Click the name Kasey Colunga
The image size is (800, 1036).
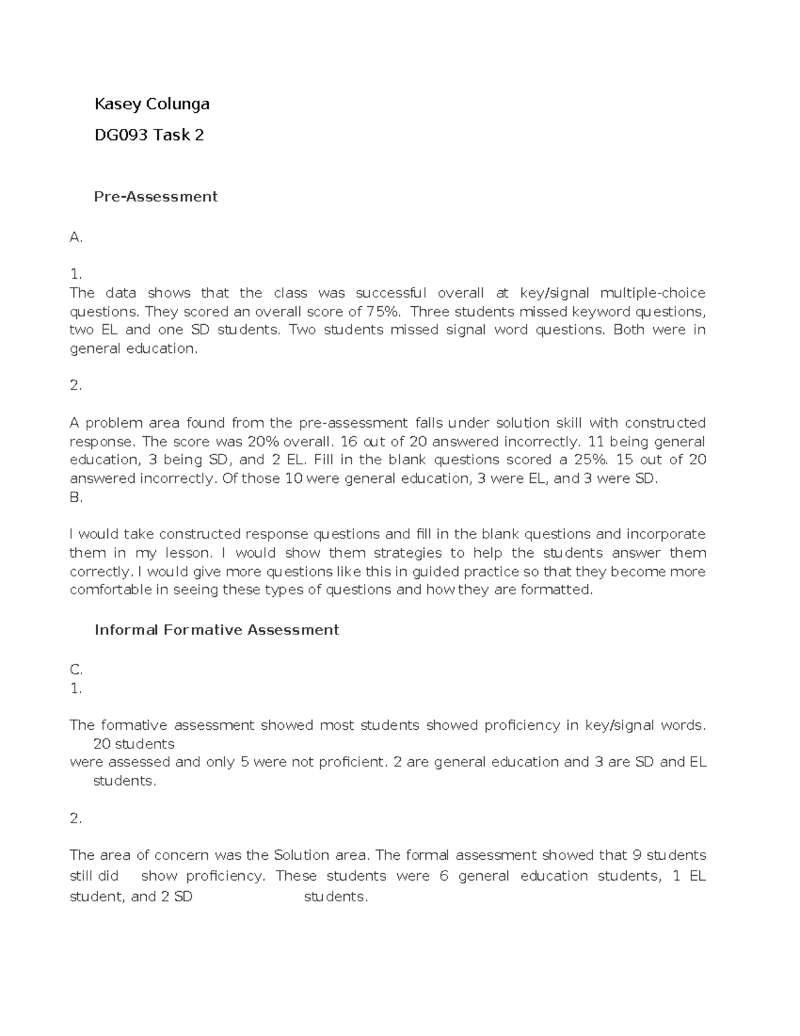152,104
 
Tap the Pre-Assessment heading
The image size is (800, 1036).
156,197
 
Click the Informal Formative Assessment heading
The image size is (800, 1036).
217,630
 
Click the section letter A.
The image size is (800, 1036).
75,238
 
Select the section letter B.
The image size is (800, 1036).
75,498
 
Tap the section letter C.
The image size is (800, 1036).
75,670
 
